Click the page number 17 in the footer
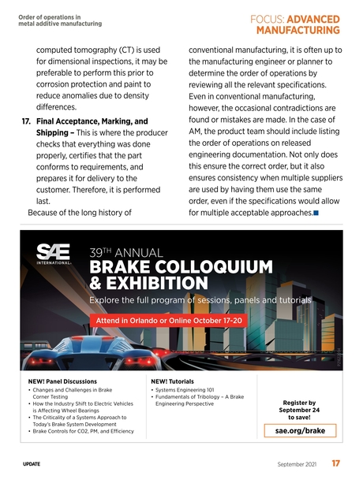pos(336,464)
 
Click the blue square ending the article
pos(316,213)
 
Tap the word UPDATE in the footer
pos(32,465)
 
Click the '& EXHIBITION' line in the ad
pos(149,283)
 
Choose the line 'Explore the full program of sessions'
pos(200,300)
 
